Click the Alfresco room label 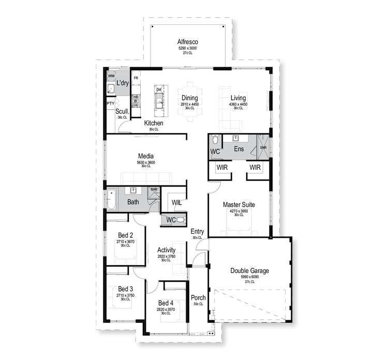[x=188, y=41]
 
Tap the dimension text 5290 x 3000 [x=188, y=48]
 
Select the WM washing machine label [x=111, y=76]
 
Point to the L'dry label [x=122, y=83]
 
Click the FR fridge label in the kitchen [x=136, y=78]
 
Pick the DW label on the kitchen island [x=159, y=90]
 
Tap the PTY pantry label [x=110, y=104]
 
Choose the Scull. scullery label [x=122, y=111]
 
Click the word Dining [x=189, y=98]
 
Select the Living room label [x=238, y=98]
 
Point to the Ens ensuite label [x=238, y=149]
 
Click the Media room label [x=146, y=156]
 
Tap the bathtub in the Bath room [x=110, y=199]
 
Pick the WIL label [x=176, y=201]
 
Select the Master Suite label [x=238, y=205]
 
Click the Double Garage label [x=249, y=270]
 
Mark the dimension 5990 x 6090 [x=249, y=277]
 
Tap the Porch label [x=198, y=298]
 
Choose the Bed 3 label [x=125, y=289]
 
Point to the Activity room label [x=166, y=250]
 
